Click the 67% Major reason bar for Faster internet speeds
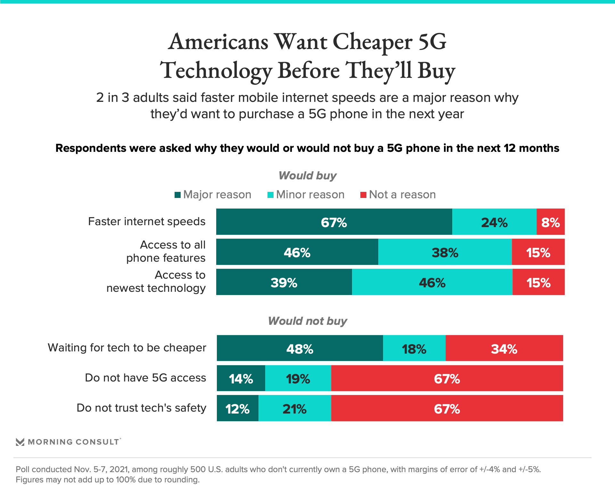tap(334, 222)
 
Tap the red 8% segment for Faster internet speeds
tap(550, 222)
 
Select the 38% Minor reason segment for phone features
tap(445, 252)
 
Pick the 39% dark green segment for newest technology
tap(284, 282)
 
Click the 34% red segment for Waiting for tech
tap(504, 348)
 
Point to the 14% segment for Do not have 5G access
tap(241, 378)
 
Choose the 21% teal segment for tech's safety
tap(295, 408)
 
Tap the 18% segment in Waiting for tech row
tap(414, 348)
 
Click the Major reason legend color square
tap(177, 195)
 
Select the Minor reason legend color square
tap(270, 195)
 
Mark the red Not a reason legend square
tap(363, 195)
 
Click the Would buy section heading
tap(307, 176)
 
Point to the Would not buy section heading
tap(307, 321)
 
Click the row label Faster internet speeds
tap(147, 221)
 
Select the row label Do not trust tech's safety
tap(141, 408)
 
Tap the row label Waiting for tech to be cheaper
tap(127, 348)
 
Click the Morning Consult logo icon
tap(20, 442)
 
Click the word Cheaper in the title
tap(373, 42)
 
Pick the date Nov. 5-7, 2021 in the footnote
tap(102, 469)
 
